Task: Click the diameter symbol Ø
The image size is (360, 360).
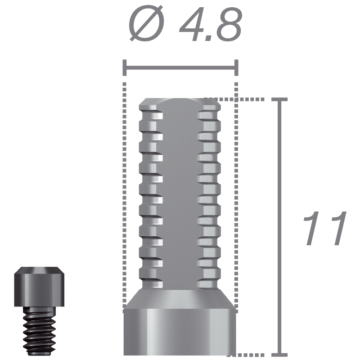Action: click(x=146, y=24)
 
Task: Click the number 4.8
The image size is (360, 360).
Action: click(x=211, y=24)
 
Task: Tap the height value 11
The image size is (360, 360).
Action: click(x=324, y=228)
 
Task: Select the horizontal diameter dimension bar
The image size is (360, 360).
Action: click(x=180, y=68)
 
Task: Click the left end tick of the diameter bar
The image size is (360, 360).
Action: click(x=125, y=68)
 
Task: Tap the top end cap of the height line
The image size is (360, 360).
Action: click(x=279, y=99)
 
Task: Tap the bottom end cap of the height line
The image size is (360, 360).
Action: click(x=279, y=355)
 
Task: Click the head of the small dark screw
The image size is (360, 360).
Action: click(x=39, y=287)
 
